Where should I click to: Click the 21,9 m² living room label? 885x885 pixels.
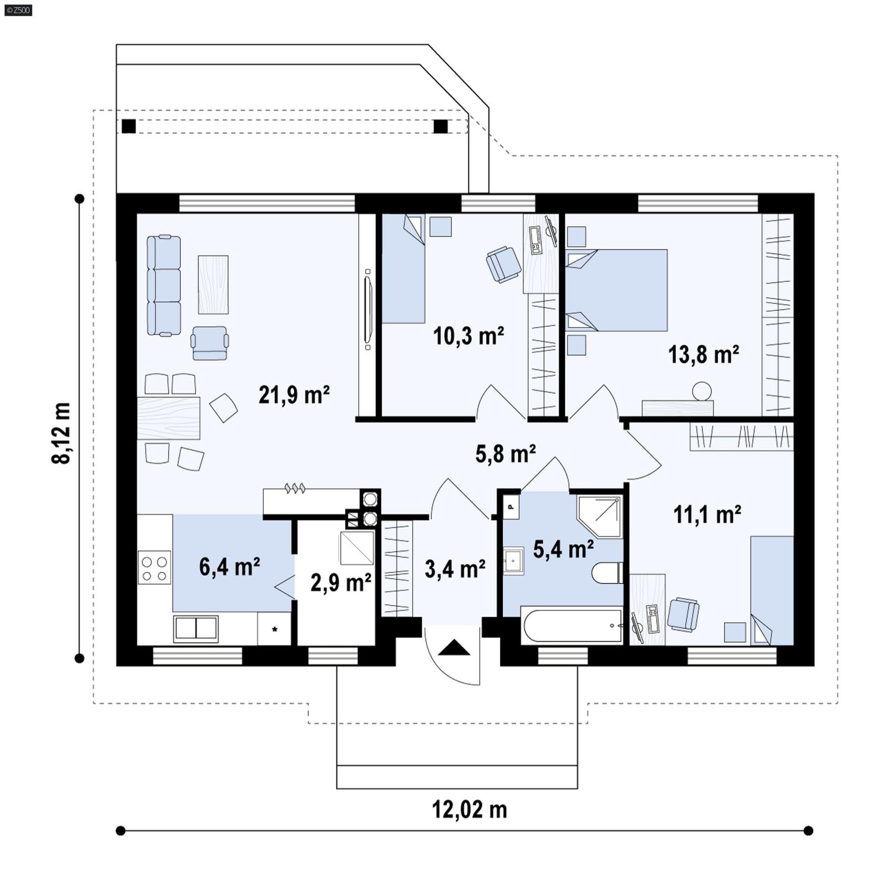tap(294, 395)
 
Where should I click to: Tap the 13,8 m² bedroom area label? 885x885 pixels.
tap(703, 355)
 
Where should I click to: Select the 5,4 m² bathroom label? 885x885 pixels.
tap(563, 549)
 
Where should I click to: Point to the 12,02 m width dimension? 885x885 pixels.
tap(469, 810)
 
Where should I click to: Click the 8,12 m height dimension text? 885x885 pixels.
tap(61, 433)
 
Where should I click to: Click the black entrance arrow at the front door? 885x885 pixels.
tap(454, 648)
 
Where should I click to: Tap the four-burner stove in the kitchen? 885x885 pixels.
tap(154, 568)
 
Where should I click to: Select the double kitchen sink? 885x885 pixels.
tap(196, 628)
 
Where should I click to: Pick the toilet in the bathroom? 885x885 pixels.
tap(607, 573)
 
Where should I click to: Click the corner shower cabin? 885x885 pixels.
tap(601, 516)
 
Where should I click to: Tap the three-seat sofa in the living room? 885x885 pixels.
tap(164, 285)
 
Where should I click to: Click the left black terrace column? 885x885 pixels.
tap(129, 126)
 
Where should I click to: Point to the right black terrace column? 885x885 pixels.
tap(440, 126)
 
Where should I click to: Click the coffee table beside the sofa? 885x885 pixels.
tap(213, 284)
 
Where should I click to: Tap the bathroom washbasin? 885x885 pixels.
tap(513, 561)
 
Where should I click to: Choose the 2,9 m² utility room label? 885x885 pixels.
tap(340, 583)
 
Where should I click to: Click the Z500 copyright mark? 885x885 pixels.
tap(18, 9)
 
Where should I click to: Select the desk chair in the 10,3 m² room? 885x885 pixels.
tap(503, 264)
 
